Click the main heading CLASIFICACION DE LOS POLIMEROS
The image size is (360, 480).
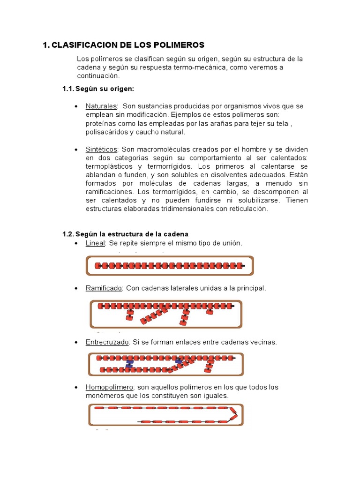[127, 45]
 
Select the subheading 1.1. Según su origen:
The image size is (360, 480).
[98, 89]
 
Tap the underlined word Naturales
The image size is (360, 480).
[101, 106]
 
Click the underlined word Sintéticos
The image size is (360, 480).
[101, 149]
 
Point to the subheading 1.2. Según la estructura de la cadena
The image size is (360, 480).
[125, 234]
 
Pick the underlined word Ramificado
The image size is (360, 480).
[104, 288]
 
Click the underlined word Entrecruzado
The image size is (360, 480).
[107, 342]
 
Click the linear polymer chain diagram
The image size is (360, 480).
[170, 266]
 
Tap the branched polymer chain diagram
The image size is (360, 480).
[166, 313]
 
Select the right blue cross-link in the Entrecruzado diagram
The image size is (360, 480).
[179, 361]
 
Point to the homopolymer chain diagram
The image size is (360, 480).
[166, 415]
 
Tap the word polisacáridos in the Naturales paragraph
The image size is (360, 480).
[106, 132]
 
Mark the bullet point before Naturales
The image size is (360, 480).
[76, 106]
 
